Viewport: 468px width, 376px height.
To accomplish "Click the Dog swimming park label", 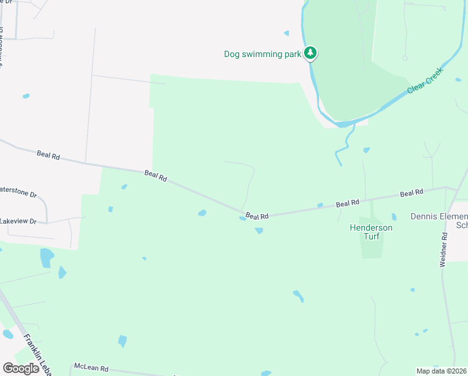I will [x=263, y=54].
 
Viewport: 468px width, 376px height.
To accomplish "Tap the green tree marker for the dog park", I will [x=310, y=53].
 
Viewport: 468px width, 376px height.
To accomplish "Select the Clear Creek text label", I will [x=425, y=81].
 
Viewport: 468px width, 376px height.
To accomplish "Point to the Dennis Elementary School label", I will [x=439, y=221].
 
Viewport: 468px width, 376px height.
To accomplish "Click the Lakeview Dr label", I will [x=19, y=221].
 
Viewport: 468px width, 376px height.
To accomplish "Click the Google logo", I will [x=21, y=368].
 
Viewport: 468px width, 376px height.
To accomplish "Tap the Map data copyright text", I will [x=442, y=371].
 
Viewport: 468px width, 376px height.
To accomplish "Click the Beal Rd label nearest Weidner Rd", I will [x=412, y=193].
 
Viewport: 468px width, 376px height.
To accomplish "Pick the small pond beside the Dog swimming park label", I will [x=287, y=33].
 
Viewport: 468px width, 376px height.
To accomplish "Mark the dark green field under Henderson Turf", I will [x=371, y=248].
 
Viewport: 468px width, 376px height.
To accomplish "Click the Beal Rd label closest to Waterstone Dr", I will [x=48, y=154].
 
